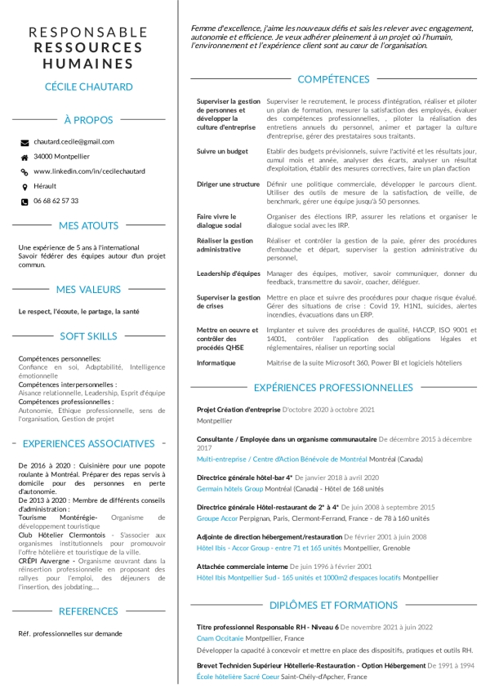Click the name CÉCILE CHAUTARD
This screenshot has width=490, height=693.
point(88,87)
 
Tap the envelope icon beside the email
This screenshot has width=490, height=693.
point(24,142)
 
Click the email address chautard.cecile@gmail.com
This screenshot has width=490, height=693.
point(73,142)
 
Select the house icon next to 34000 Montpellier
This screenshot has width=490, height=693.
point(24,157)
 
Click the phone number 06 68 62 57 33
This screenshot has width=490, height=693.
point(56,201)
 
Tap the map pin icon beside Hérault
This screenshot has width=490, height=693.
point(24,186)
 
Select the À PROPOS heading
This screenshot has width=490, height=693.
point(88,120)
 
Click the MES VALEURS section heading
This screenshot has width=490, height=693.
point(88,289)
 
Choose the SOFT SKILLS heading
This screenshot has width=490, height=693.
point(88,335)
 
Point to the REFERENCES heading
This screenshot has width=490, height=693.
point(88,611)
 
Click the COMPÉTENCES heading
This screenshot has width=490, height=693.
point(333,79)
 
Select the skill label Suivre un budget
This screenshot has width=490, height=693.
point(222,151)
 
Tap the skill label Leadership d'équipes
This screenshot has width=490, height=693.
point(229,273)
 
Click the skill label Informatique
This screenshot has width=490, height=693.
point(216,362)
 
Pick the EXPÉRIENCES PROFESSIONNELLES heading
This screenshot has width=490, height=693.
point(333,387)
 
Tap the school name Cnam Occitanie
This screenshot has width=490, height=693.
point(220,638)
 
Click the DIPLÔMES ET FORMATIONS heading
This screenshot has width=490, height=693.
point(333,605)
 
